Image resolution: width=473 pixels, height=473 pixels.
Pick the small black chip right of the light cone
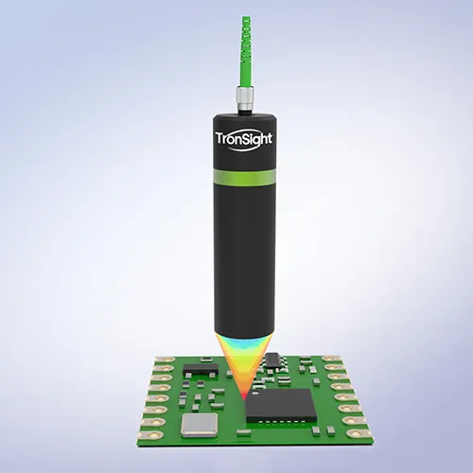272,359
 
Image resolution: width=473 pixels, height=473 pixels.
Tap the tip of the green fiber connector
247,19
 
